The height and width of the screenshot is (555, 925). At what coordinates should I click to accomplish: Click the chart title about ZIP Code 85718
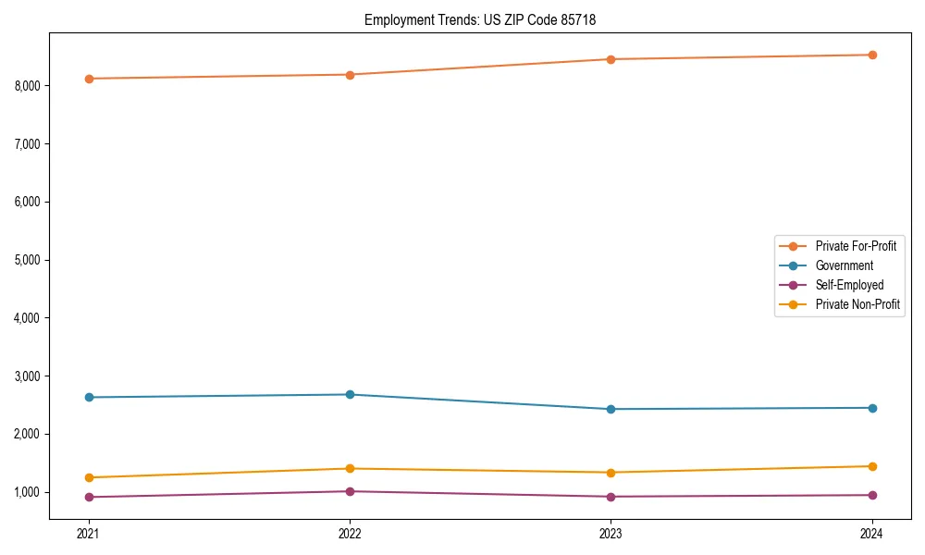[x=487, y=19]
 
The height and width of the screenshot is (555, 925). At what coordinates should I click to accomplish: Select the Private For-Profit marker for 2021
[x=89, y=79]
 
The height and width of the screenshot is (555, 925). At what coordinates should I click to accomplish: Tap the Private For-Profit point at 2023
[x=610, y=59]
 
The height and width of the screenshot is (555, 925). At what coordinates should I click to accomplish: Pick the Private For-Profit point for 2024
[x=871, y=55]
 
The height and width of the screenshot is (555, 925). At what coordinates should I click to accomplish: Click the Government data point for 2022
[x=350, y=395]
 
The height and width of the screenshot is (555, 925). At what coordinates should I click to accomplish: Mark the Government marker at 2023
[x=610, y=409]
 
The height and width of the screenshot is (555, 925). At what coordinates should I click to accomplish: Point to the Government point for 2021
[x=89, y=398]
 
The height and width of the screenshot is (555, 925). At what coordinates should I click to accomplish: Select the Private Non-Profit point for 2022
[x=350, y=468]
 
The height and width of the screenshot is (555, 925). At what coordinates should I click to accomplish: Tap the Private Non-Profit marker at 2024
[x=871, y=466]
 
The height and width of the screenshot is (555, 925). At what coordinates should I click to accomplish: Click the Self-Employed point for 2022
[x=350, y=491]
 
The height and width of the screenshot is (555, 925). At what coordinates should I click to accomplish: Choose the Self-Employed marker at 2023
[x=610, y=497]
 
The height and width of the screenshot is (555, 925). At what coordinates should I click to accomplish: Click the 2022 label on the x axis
[x=350, y=533]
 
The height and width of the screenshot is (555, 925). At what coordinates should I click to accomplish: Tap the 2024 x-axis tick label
[x=871, y=533]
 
